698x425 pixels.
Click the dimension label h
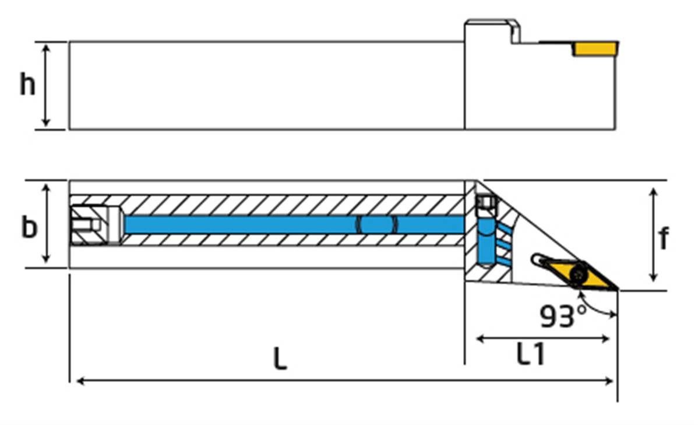point(27,85)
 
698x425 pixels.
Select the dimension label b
point(29,227)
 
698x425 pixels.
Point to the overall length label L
point(280,359)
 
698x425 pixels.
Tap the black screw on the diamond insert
point(579,272)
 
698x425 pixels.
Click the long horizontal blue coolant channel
point(291,225)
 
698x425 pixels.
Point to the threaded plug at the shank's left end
point(87,224)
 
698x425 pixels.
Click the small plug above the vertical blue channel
point(485,203)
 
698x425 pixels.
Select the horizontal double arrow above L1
point(543,338)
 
